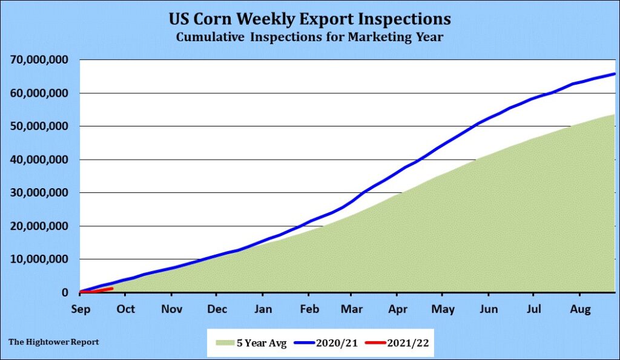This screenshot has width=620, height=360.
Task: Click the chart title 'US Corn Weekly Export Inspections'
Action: click(x=309, y=19)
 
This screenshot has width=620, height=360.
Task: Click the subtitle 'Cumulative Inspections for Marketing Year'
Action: click(x=309, y=38)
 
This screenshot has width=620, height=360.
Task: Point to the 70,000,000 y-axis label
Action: click(x=40, y=61)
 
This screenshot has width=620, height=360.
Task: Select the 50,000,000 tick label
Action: click(x=40, y=126)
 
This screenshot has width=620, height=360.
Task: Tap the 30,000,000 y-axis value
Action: click(x=40, y=193)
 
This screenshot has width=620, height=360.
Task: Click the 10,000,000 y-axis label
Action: click(x=40, y=260)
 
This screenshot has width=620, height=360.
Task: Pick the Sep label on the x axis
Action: click(x=81, y=309)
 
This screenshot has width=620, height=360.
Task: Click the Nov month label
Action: click(x=172, y=309)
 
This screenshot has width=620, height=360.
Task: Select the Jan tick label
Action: click(x=262, y=309)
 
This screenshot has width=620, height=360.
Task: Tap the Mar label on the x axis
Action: click(x=351, y=309)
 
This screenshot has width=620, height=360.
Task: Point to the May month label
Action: click(x=443, y=309)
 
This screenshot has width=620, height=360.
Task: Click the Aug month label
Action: click(x=580, y=309)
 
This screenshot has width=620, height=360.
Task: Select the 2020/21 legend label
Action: click(x=337, y=342)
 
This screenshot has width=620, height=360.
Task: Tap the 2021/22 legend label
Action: click(x=409, y=342)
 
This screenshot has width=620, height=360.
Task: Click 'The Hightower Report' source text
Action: click(x=54, y=342)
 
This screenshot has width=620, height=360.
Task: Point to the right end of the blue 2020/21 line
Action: click(x=615, y=74)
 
